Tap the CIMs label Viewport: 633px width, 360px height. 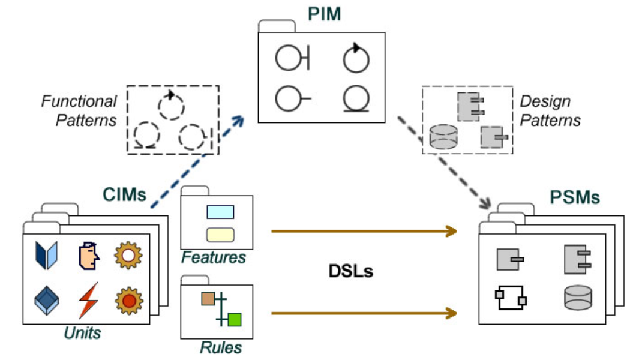(124, 196)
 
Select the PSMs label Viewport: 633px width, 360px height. (574, 197)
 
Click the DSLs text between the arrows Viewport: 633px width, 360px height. (351, 272)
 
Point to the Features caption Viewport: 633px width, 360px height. (214, 257)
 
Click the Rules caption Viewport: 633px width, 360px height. (221, 347)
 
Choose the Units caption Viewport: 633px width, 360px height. (83, 332)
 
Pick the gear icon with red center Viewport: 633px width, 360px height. (127, 299)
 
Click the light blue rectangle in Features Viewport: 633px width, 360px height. (220, 212)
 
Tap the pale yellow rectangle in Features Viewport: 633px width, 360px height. (220, 233)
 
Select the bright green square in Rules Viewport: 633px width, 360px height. (235, 319)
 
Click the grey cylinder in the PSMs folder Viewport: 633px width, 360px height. (577, 298)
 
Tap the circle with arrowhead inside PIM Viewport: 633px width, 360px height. (356, 58)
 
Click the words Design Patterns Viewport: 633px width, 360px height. (550, 110)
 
